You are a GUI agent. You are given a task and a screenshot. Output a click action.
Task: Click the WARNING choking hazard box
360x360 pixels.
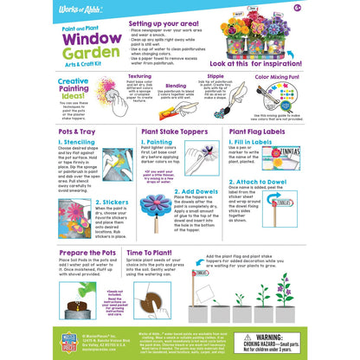pyautogui.click(x=315, y=346)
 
